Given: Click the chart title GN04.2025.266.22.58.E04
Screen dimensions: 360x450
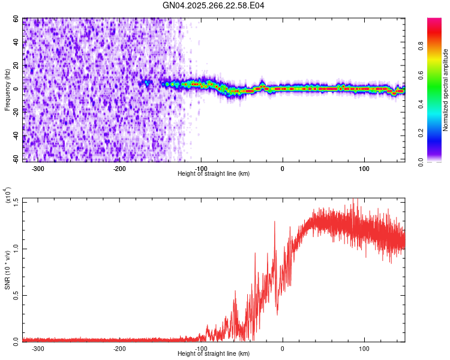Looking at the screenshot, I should tap(214, 5).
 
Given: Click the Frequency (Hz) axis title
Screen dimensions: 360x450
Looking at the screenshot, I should tap(7, 89).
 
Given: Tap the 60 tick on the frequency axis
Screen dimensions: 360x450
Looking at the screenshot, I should tap(16, 19).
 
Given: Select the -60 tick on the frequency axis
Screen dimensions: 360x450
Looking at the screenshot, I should tap(14, 159).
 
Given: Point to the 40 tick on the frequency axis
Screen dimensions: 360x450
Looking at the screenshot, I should tap(16, 43).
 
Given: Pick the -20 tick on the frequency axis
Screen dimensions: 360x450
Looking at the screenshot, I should tap(14, 112).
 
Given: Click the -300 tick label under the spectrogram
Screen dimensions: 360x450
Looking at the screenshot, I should tap(38, 168).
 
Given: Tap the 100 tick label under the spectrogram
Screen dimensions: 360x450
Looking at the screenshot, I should tap(364, 168).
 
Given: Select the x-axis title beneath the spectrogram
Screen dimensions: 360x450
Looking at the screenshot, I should tap(214, 173).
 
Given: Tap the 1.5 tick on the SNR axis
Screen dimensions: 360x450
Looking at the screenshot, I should tap(16, 202).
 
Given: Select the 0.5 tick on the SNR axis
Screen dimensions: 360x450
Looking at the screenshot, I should tap(16, 295).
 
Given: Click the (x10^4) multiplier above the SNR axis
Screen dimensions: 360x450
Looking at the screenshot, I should tap(8, 196).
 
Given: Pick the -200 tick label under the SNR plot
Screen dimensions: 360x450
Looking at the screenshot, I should tap(119, 348).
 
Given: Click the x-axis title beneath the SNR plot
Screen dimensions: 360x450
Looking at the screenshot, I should tap(214, 353).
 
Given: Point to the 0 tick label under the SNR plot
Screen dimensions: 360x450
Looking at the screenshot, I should tap(283, 348).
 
